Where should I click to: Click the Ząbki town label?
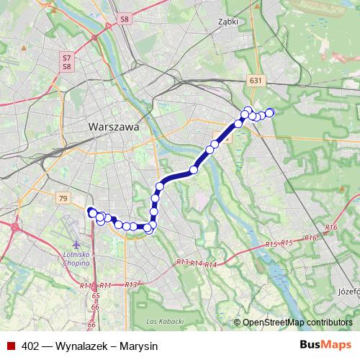(x=228, y=22)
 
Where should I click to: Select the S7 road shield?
(x=66, y=57)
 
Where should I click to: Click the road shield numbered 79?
(x=63, y=198)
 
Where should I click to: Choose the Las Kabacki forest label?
(x=161, y=320)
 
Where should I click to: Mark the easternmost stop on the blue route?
(x=270, y=112)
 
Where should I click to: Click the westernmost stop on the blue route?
(x=91, y=211)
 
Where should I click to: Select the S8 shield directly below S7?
(x=66, y=66)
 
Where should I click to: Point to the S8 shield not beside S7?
(x=125, y=19)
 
